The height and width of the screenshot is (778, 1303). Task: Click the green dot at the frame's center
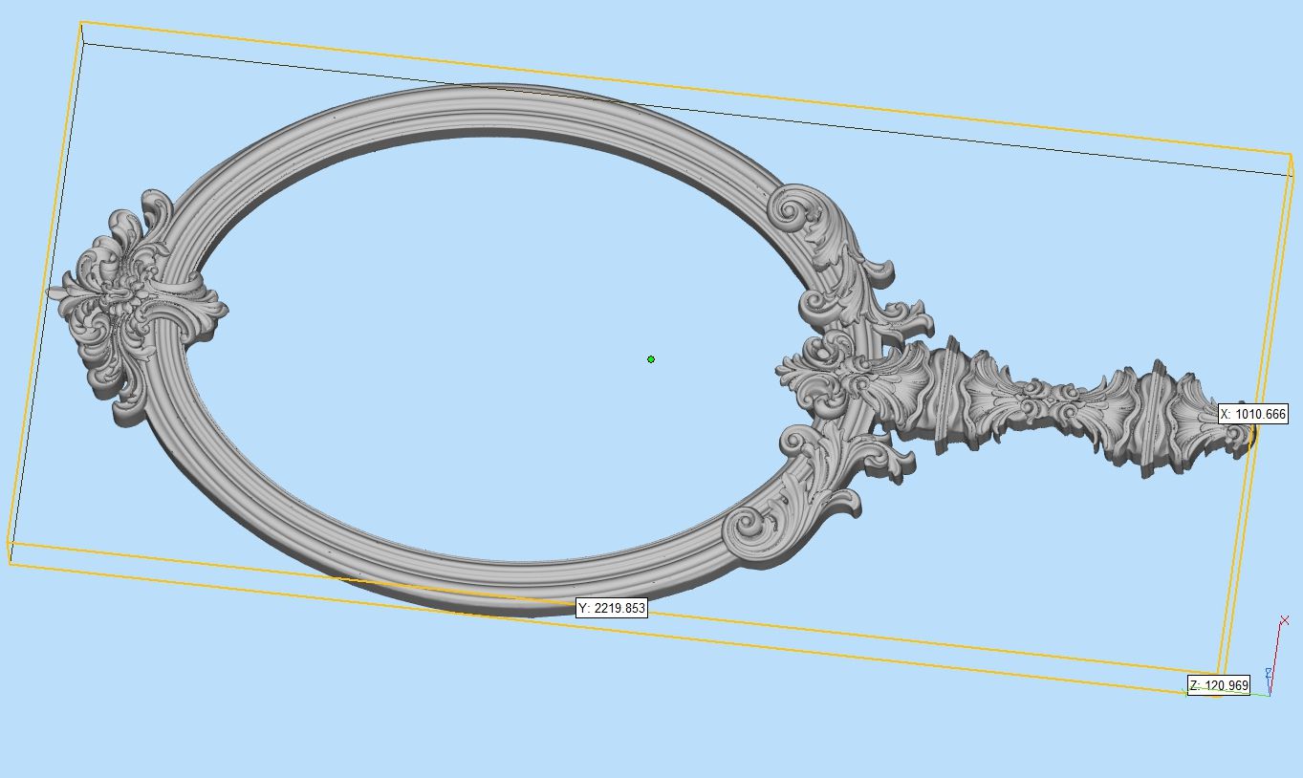tap(651, 359)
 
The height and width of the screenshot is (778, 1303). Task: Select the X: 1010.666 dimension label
tap(1253, 414)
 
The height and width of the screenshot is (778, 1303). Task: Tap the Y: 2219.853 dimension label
tap(612, 608)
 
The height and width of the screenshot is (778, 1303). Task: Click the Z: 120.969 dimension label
tap(1219, 685)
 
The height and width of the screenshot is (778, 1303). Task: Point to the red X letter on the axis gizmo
tap(1285, 620)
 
